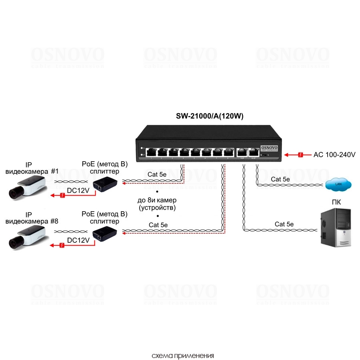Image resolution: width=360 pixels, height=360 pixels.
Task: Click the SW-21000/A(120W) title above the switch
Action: point(210,116)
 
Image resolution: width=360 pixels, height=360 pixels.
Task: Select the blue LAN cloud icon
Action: point(338,184)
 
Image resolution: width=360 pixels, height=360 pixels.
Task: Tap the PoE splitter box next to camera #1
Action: point(105,184)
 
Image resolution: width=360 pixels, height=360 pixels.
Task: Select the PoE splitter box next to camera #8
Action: point(105,233)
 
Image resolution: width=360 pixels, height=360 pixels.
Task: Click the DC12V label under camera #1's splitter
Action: point(78,191)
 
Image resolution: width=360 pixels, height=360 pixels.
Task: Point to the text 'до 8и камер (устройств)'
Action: point(157,204)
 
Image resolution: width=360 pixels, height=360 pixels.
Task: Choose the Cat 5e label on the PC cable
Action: point(284,224)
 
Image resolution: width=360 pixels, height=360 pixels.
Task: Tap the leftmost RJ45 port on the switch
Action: point(152,152)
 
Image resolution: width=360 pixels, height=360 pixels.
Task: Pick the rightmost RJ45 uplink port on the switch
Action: point(253,152)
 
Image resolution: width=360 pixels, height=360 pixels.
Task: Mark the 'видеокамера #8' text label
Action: point(31,222)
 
